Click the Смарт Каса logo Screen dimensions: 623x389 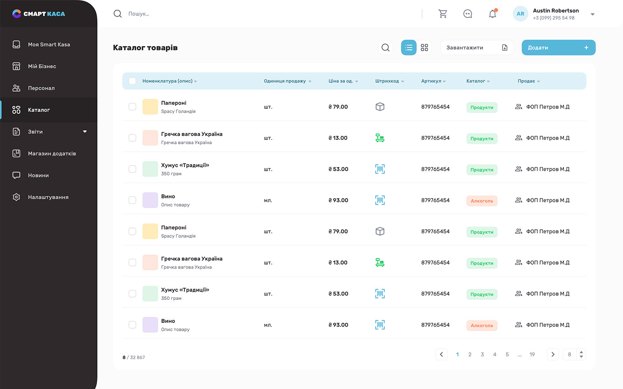pyautogui.click(x=39, y=14)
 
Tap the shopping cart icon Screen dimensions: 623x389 pyautogui.click(x=443, y=14)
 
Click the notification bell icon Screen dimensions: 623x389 pyautogui.click(x=492, y=14)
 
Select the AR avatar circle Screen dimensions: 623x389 pyautogui.click(x=520, y=14)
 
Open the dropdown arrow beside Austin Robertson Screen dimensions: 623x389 pyautogui.click(x=593, y=14)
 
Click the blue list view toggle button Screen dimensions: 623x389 pyautogui.click(x=409, y=48)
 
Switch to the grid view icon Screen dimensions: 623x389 pyautogui.click(x=424, y=48)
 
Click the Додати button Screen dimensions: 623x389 pyautogui.click(x=559, y=48)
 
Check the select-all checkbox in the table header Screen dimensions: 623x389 pyautogui.click(x=132, y=81)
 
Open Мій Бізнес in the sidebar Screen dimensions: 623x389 pyautogui.click(x=42, y=66)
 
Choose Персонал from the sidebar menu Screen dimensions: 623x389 pyautogui.click(x=41, y=88)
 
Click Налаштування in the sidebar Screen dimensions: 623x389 pyautogui.click(x=48, y=197)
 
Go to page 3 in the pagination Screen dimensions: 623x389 pyautogui.click(x=482, y=355)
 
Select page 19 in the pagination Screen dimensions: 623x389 pyautogui.click(x=532, y=355)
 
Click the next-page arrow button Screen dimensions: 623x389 pyautogui.click(x=553, y=355)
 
